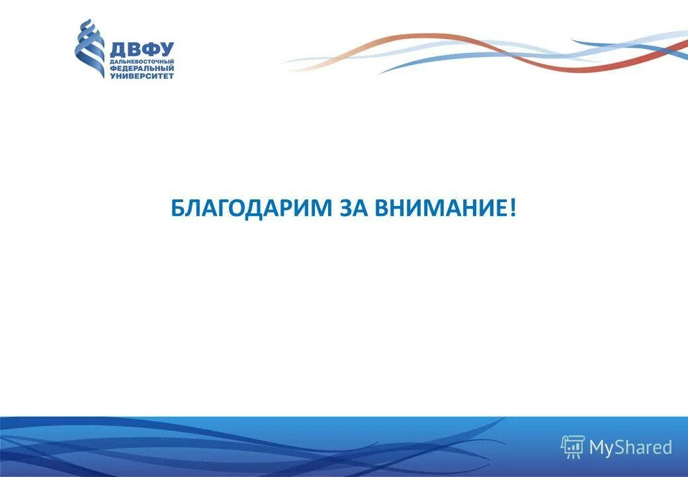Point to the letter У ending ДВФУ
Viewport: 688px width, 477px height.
166,50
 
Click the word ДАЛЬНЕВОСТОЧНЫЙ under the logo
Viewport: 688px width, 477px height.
142,62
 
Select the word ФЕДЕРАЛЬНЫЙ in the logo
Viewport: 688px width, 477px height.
142,68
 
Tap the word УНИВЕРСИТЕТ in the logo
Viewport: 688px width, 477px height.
142,76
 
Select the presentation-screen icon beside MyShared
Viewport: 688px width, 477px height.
573,447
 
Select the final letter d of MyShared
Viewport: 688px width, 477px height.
666,447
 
